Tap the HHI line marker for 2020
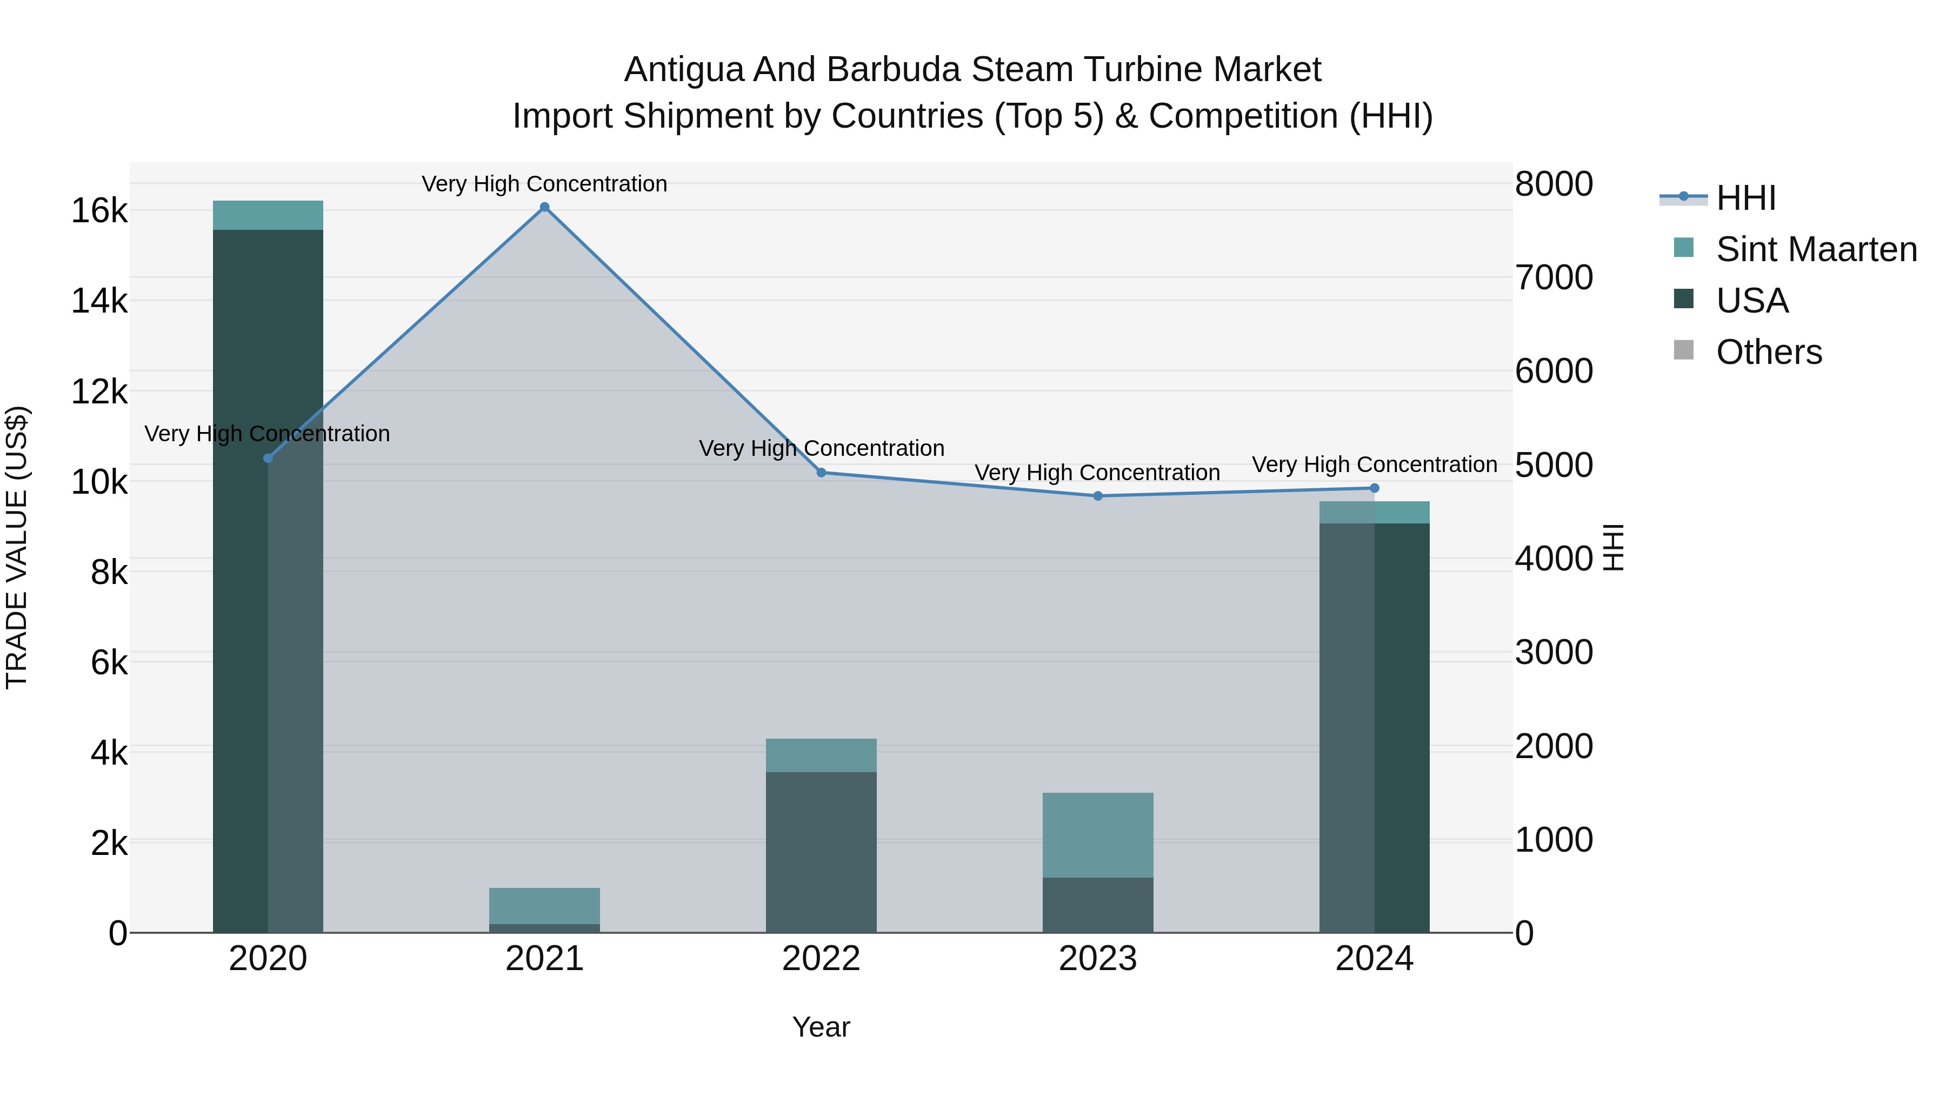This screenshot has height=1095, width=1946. pyautogui.click(x=268, y=458)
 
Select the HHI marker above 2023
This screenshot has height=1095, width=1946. pyautogui.click(x=1098, y=496)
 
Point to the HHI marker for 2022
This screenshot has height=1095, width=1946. pyautogui.click(x=821, y=472)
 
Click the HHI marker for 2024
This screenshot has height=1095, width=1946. pyautogui.click(x=1374, y=488)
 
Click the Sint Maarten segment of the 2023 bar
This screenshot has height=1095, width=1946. pyautogui.click(x=1098, y=834)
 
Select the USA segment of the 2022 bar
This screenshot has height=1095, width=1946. pyautogui.click(x=821, y=852)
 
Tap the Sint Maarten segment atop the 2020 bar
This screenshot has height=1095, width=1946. pyautogui.click(x=268, y=215)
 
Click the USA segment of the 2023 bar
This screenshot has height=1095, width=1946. pyautogui.click(x=1098, y=905)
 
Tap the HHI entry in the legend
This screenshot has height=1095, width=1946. pyautogui.click(x=1745, y=198)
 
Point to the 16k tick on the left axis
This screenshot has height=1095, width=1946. pyautogui.click(x=99, y=211)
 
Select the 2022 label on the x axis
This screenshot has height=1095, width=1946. pyautogui.click(x=821, y=959)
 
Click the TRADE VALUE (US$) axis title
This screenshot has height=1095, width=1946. pyautogui.click(x=17, y=547)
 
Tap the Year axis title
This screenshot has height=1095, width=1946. pyautogui.click(x=821, y=1027)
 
